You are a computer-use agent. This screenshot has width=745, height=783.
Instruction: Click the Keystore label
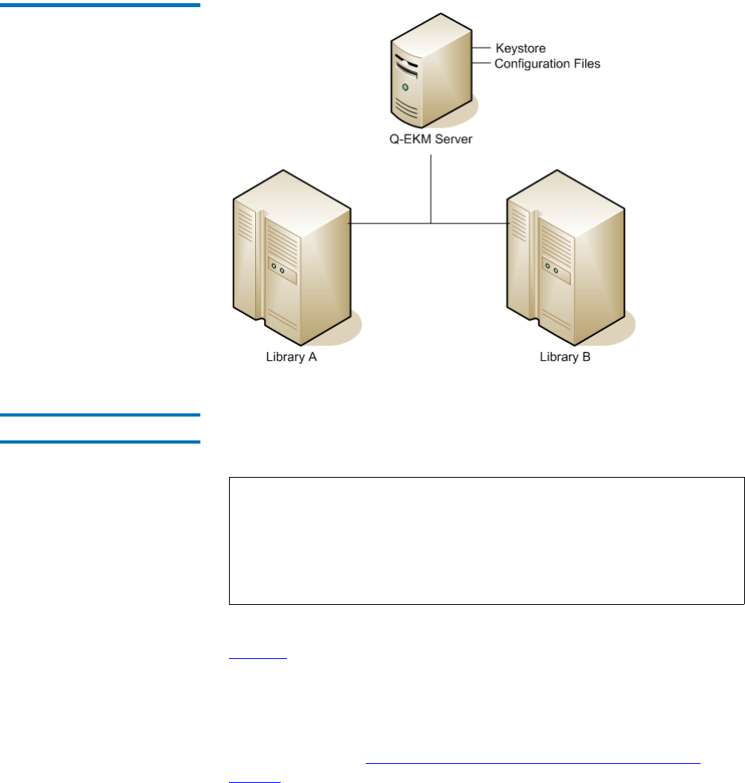coord(520,49)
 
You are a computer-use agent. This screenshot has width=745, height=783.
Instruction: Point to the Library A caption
coord(291,358)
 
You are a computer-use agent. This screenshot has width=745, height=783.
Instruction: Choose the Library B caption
coord(565,358)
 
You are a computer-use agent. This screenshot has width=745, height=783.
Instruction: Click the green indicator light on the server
coord(405,86)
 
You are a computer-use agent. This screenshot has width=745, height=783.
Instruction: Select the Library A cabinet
coord(290,254)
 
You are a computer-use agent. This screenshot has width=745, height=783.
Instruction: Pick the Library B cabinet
coord(565,254)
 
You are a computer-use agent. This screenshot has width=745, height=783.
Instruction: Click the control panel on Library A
coord(281,273)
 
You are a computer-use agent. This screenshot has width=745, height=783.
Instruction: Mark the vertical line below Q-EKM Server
coord(431,187)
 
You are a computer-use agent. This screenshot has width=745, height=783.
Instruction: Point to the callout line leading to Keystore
coord(483,49)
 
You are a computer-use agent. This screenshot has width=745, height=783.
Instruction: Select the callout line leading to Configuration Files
coord(482,64)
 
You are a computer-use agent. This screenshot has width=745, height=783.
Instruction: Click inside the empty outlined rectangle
coord(487,541)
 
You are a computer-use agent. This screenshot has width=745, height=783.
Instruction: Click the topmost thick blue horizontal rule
coord(100,5)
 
